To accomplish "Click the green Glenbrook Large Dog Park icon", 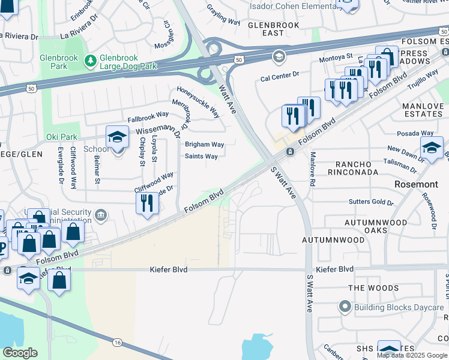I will tap(90, 60).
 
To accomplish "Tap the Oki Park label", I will tap(59, 137).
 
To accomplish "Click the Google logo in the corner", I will tap(20, 353).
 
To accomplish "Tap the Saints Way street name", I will tap(201, 157).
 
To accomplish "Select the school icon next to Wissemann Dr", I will tap(117, 136).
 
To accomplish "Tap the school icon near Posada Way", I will tap(432, 147).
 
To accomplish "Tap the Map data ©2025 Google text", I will tap(412, 355).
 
